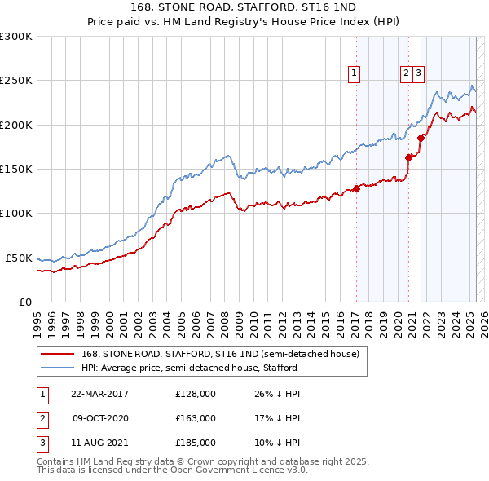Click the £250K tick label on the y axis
coord(16,81)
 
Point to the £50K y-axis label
coord(19,258)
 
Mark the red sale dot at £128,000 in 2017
coord(356,189)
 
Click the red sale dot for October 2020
coord(408,158)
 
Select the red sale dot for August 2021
coord(421,139)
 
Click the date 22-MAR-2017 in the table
coord(99,394)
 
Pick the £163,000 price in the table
coord(196,418)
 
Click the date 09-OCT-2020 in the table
coord(99,418)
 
